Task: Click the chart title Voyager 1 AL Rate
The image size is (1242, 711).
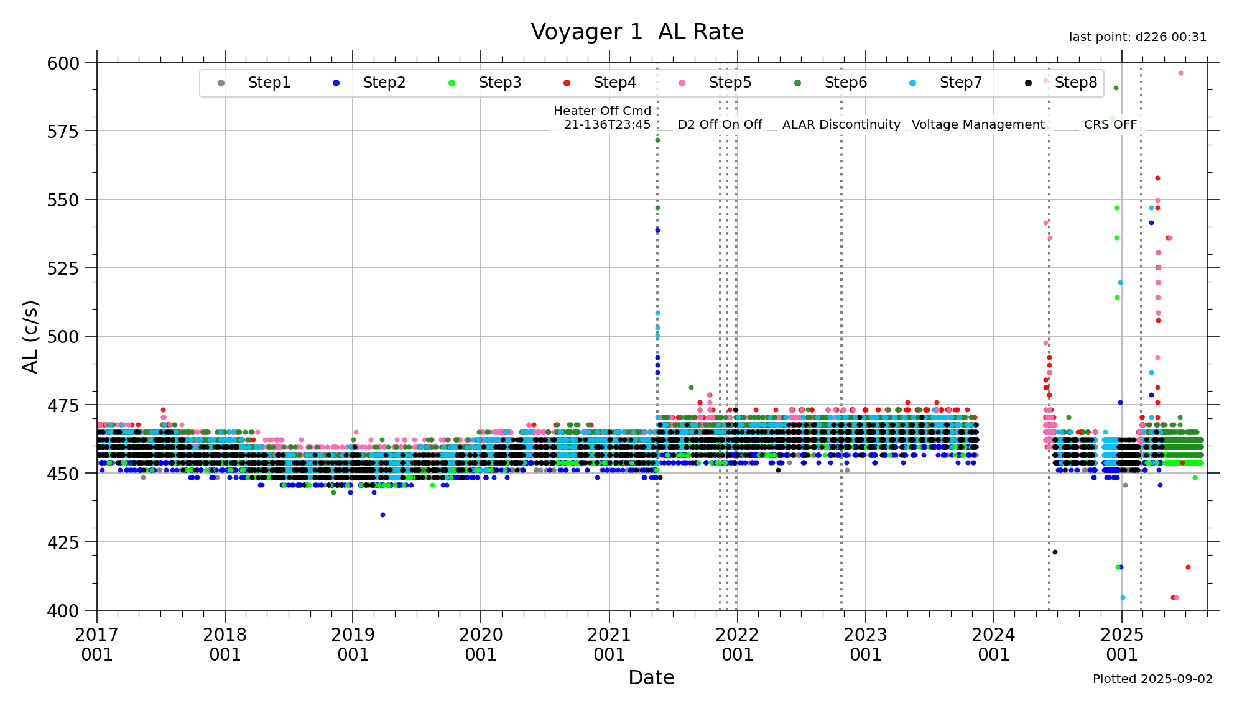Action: coord(637,32)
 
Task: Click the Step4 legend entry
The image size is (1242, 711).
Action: coord(614,83)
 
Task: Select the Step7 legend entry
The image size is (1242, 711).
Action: coord(960,83)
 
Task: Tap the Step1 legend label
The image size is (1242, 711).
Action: coord(269,83)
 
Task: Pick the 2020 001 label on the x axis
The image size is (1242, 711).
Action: coord(481,644)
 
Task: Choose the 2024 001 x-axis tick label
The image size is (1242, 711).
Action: coord(993,644)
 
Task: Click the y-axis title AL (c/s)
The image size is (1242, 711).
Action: coord(30,336)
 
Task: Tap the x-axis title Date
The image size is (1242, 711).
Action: coord(651,677)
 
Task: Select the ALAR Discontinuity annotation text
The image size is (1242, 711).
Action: coord(841,124)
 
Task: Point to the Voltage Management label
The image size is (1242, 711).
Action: coord(978,124)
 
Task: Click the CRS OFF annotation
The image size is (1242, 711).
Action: coord(1110,124)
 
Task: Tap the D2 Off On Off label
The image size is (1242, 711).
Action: coord(720,124)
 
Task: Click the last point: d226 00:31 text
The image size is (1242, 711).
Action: coord(1138,37)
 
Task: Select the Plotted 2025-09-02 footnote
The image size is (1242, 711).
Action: coord(1152,679)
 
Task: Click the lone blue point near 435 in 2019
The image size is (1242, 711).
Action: coord(382,515)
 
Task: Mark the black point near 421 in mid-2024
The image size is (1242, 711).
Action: coord(1055,552)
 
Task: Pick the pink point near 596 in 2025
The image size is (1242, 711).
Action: coord(1180,73)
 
